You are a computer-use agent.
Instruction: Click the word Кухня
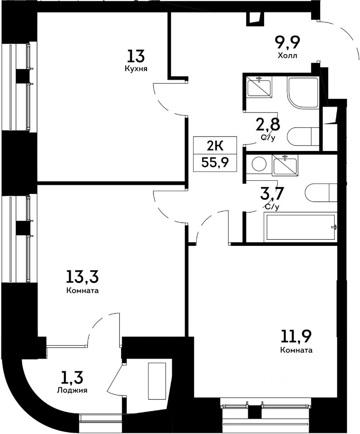coord(136,69)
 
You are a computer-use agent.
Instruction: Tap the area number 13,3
coord(82,277)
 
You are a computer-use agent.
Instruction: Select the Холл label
coord(288,56)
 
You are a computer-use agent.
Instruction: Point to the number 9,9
coord(288,42)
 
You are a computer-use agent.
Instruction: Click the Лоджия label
coord(72,390)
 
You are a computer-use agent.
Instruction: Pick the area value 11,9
coord(296,336)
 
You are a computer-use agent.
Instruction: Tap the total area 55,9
coord(215,162)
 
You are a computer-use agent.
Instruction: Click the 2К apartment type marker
coord(215,146)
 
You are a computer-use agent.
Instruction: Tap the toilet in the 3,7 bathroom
coord(321,193)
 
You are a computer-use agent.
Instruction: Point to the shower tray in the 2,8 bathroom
coord(303,93)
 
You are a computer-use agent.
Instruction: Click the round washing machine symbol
coord(259,164)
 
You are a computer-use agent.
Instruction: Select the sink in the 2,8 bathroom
coord(259,87)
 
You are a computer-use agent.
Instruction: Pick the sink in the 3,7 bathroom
coord(285,165)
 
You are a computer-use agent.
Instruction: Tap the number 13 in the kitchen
coord(136,56)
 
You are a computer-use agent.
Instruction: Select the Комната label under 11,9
coord(296,350)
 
